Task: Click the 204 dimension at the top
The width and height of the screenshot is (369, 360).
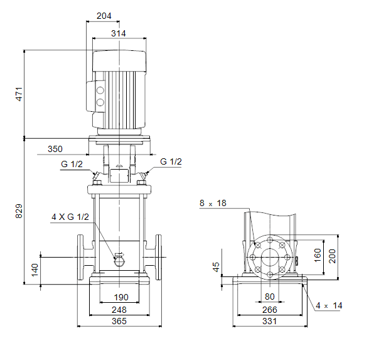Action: [104, 16]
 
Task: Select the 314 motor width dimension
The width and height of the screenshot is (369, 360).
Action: [119, 33]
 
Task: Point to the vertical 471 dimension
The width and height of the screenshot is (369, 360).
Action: [19, 94]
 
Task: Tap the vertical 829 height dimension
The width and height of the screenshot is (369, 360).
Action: [19, 211]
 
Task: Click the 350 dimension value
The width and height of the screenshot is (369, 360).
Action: [55, 149]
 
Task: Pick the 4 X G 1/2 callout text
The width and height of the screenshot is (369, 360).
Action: [70, 217]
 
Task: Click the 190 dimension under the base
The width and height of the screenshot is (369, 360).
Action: [121, 297]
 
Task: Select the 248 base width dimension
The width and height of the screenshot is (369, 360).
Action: [119, 310]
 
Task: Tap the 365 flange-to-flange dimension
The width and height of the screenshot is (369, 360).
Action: [119, 321]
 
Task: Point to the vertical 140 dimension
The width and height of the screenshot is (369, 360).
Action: [35, 270]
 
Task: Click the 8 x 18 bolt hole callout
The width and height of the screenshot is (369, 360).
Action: [213, 203]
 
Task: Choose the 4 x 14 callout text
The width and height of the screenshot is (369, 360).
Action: [329, 305]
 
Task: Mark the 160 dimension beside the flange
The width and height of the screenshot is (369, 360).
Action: [318, 255]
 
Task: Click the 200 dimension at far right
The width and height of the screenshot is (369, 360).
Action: [333, 256]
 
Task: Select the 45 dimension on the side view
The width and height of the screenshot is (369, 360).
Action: [216, 267]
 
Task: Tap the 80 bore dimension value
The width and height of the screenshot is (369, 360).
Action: [270, 297]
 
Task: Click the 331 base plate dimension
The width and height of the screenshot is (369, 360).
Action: [270, 321]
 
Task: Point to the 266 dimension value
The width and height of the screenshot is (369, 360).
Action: [270, 310]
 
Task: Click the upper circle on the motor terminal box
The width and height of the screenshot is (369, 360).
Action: [100, 90]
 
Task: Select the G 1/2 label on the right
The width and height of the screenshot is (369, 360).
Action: [171, 161]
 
